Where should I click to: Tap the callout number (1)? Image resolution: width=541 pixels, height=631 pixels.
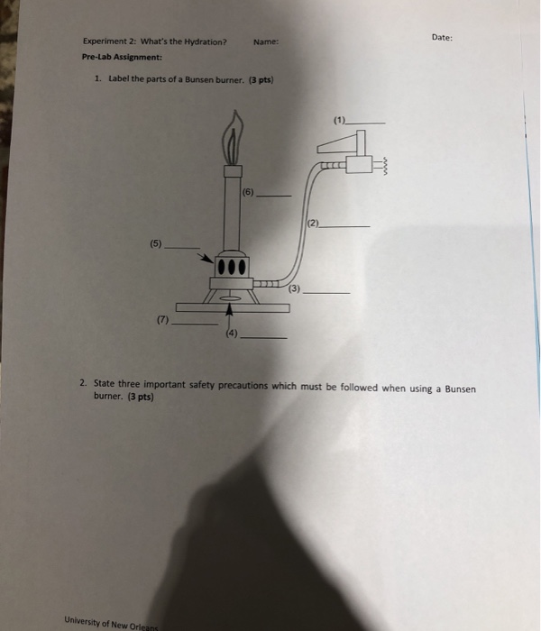click(x=340, y=120)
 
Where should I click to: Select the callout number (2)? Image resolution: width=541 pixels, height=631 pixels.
click(x=313, y=223)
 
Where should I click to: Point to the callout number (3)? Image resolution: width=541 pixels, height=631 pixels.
click(x=294, y=288)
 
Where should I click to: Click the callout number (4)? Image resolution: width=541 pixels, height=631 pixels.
click(x=232, y=334)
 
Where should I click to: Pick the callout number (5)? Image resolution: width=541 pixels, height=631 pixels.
click(x=156, y=243)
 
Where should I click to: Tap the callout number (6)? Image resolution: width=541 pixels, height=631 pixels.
click(x=248, y=192)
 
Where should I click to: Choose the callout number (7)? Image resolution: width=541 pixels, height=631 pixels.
click(x=162, y=320)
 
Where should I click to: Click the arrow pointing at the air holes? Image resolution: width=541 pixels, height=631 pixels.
click(x=206, y=258)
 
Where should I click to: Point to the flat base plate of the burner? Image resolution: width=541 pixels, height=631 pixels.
click(x=233, y=308)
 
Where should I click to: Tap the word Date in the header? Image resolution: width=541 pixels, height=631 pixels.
click(x=441, y=38)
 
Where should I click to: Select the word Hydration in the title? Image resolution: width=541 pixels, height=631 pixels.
click(x=206, y=41)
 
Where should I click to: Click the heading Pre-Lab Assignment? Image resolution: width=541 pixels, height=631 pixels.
click(x=122, y=57)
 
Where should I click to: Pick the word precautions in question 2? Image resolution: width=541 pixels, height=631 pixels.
click(x=243, y=386)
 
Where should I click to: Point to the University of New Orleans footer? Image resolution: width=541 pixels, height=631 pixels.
click(x=112, y=623)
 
